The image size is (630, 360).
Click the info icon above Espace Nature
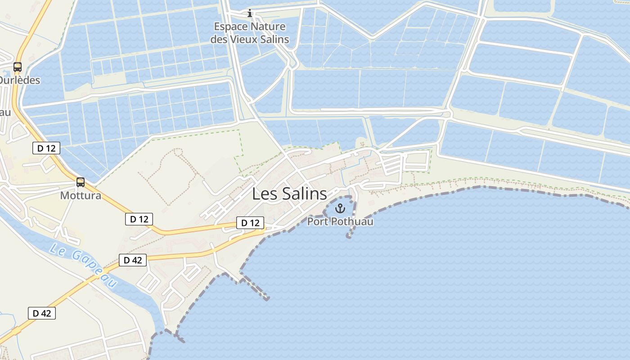pyautogui.click(x=250, y=13)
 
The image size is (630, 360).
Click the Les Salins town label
pyautogui.click(x=289, y=193)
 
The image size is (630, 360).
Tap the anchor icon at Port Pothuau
pyautogui.click(x=340, y=208)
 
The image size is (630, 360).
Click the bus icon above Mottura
pyautogui.click(x=81, y=182)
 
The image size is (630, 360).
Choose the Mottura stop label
pyautogui.click(x=81, y=196)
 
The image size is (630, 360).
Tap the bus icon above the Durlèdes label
pyautogui.click(x=18, y=67)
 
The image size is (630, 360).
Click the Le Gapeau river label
pyautogui.click(x=83, y=265)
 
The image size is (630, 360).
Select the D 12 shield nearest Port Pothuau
pyautogui.click(x=250, y=223)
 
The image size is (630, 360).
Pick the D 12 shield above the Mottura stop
pyautogui.click(x=46, y=148)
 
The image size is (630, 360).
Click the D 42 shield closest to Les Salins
pyautogui.click(x=133, y=260)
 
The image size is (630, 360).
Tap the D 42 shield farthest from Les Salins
pyautogui.click(x=42, y=313)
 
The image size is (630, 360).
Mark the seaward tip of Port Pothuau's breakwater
pyautogui.click(x=349, y=236)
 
